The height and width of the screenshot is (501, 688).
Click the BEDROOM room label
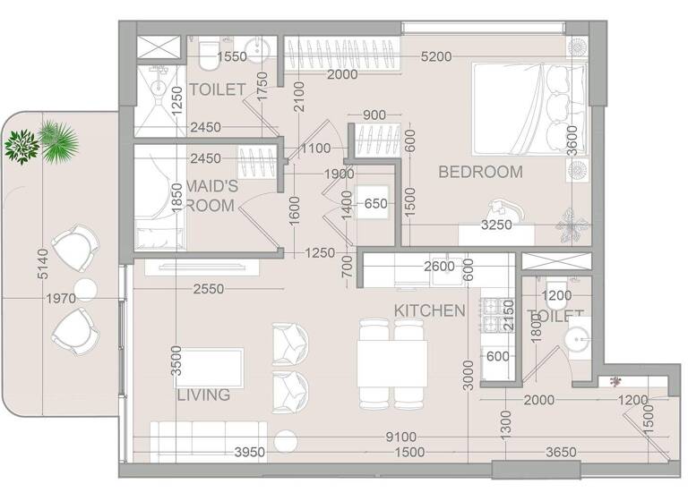click(480, 173)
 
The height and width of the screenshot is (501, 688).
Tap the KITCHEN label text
click(429, 310)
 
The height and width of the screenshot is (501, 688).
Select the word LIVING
click(203, 395)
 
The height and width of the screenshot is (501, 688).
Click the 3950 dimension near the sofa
click(249, 453)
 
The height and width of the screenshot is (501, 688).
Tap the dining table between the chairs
click(391, 362)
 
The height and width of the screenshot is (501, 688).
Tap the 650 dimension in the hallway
click(376, 204)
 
